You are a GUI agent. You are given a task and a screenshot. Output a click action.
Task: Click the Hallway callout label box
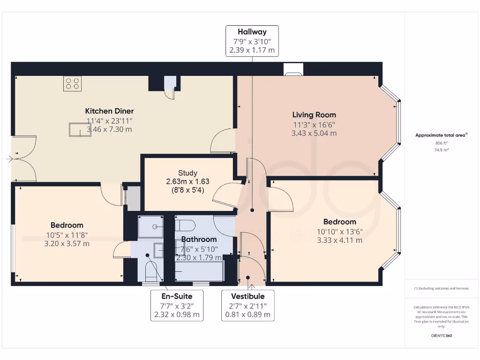252,41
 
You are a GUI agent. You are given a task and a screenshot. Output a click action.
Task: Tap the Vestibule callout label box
247,305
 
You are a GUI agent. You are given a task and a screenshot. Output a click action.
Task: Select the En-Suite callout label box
177,305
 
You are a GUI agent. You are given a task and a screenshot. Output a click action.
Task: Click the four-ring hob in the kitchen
72,83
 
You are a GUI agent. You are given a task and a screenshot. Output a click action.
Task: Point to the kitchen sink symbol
78,129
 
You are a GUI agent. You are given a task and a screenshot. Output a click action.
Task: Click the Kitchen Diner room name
109,111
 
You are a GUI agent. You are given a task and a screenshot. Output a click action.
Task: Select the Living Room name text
314,114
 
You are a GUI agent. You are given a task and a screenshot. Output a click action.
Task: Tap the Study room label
187,173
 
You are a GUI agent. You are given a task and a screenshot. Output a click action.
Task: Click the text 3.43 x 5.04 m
314,133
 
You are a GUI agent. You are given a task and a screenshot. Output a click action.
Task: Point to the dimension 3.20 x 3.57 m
67,243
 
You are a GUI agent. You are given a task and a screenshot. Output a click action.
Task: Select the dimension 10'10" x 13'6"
339,231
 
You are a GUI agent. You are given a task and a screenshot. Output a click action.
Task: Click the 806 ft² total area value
441,143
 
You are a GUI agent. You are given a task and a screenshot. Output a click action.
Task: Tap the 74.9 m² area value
441,150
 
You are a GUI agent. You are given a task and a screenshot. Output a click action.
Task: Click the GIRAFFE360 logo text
441,336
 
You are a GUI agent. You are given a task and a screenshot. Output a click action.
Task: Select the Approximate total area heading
441,135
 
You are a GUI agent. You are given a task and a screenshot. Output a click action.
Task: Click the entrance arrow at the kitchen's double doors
9,159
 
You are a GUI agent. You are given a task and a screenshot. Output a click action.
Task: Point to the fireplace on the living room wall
293,71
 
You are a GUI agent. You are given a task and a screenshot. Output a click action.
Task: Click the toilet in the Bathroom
187,225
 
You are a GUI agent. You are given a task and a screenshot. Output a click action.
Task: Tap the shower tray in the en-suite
151,227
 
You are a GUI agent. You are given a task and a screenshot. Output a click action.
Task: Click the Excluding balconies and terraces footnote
441,288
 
